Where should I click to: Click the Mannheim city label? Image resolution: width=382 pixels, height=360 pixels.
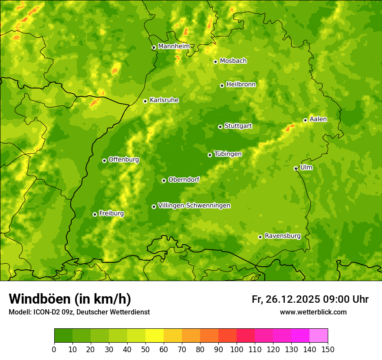pyautogui.click(x=174, y=46)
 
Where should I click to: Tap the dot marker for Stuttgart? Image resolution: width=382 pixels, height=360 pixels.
pyautogui.click(x=220, y=127)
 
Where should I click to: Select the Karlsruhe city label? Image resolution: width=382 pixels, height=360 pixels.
pyautogui.click(x=164, y=100)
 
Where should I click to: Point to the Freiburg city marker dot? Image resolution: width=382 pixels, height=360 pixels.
pyautogui.click(x=95, y=214)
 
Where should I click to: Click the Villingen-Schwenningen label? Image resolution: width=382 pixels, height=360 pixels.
pyautogui.click(x=194, y=206)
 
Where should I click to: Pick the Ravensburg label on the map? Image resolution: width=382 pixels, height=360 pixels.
pyautogui.click(x=282, y=236)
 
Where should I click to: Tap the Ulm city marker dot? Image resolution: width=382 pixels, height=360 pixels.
pyautogui.click(x=296, y=168)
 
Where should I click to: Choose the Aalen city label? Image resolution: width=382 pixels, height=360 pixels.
pyautogui.click(x=318, y=119)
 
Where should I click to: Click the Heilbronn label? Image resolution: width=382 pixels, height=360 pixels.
pyautogui.click(x=241, y=85)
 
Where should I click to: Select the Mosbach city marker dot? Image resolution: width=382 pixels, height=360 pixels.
pyautogui.click(x=215, y=62)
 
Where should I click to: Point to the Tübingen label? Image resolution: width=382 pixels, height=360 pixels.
pyautogui.click(x=228, y=154)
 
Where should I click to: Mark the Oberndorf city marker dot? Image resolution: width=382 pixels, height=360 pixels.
pyautogui.click(x=164, y=180)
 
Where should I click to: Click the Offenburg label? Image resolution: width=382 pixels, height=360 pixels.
pyautogui.click(x=124, y=160)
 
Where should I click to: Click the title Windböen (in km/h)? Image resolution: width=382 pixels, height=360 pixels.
pyautogui.click(x=70, y=299)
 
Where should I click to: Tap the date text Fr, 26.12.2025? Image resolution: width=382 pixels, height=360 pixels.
pyautogui.click(x=286, y=299)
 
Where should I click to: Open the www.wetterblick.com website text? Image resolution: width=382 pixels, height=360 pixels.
pyautogui.click(x=313, y=312)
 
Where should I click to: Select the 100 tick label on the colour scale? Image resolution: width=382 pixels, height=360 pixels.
pyautogui.click(x=237, y=350)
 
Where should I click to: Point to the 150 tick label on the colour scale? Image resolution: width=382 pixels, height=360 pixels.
pyautogui.click(x=328, y=350)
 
